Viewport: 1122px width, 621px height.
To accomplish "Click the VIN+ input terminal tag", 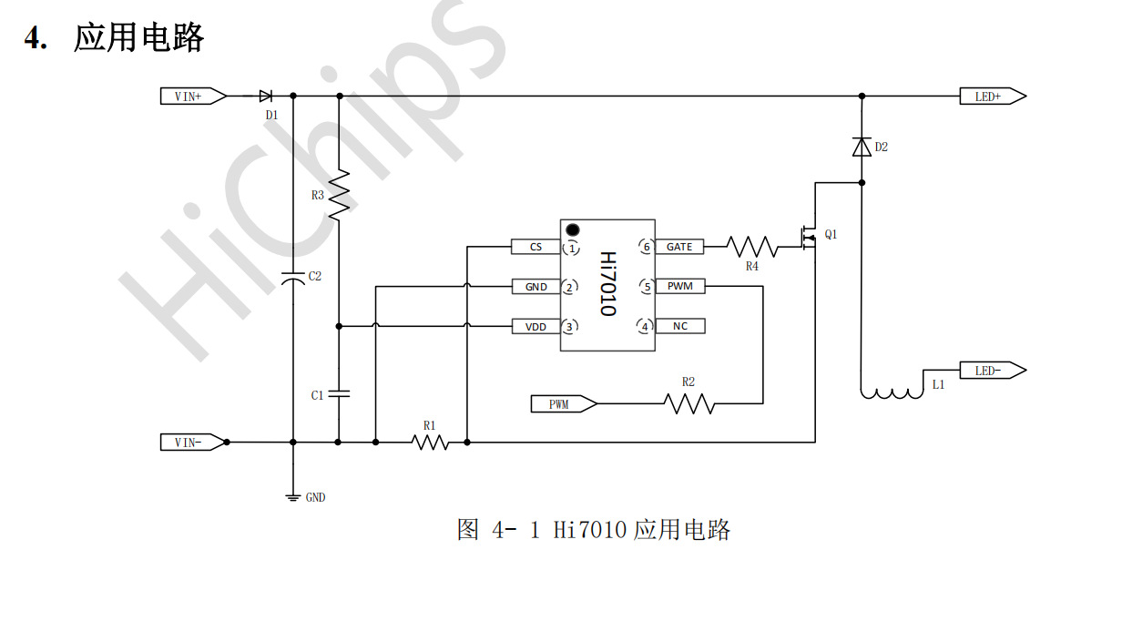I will click(x=193, y=96).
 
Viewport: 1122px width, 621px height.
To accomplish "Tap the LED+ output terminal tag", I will click(x=992, y=96).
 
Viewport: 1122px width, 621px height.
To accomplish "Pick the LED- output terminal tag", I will click(x=992, y=371).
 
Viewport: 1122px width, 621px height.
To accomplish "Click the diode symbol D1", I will click(x=266, y=96).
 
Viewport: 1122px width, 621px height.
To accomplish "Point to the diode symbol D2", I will click(x=862, y=147).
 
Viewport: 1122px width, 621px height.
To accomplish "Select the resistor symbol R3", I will click(x=339, y=194).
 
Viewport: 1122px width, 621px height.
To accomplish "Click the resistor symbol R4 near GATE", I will click(x=752, y=247).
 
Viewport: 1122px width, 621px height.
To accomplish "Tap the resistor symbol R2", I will click(x=689, y=402).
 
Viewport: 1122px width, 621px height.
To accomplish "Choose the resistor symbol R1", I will click(x=430, y=443).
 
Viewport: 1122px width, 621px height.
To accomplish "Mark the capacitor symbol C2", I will click(x=293, y=278).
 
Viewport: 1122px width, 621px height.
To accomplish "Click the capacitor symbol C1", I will click(x=339, y=394).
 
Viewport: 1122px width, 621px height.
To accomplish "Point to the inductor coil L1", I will click(x=892, y=393).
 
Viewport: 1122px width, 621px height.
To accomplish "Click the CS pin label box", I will click(x=535, y=247).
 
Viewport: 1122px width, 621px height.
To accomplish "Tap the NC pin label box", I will click(x=679, y=326).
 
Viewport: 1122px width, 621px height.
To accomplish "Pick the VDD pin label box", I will click(x=535, y=326).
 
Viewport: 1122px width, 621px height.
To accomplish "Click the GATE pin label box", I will click(x=679, y=247).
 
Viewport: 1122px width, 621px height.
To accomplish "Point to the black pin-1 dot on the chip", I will click(x=573, y=229).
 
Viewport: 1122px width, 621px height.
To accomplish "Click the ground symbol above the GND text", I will click(x=293, y=496).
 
